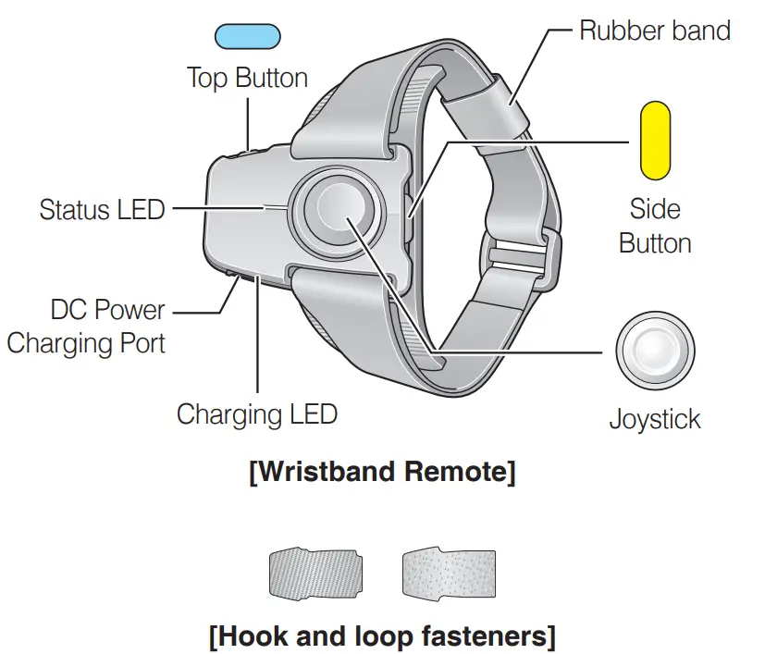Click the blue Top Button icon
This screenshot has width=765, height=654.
[x=247, y=37]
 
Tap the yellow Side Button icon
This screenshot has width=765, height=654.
[x=655, y=140]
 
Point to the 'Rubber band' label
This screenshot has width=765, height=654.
[x=654, y=30]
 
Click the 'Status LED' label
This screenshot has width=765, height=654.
[x=102, y=209]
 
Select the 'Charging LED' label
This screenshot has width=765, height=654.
[x=256, y=413]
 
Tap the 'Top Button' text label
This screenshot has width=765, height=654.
[x=247, y=77]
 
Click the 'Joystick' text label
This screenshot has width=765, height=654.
[x=654, y=419]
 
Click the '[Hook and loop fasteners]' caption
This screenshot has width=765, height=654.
[x=382, y=637]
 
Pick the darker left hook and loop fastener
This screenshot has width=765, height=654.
[x=315, y=574]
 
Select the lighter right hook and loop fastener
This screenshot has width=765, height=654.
[x=449, y=574]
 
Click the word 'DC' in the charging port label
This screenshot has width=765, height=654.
[x=70, y=309]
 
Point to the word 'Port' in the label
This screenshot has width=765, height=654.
[x=138, y=343]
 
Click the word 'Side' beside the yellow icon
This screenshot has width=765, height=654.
[x=654, y=208]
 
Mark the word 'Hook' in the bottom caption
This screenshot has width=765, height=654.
[x=256, y=637]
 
